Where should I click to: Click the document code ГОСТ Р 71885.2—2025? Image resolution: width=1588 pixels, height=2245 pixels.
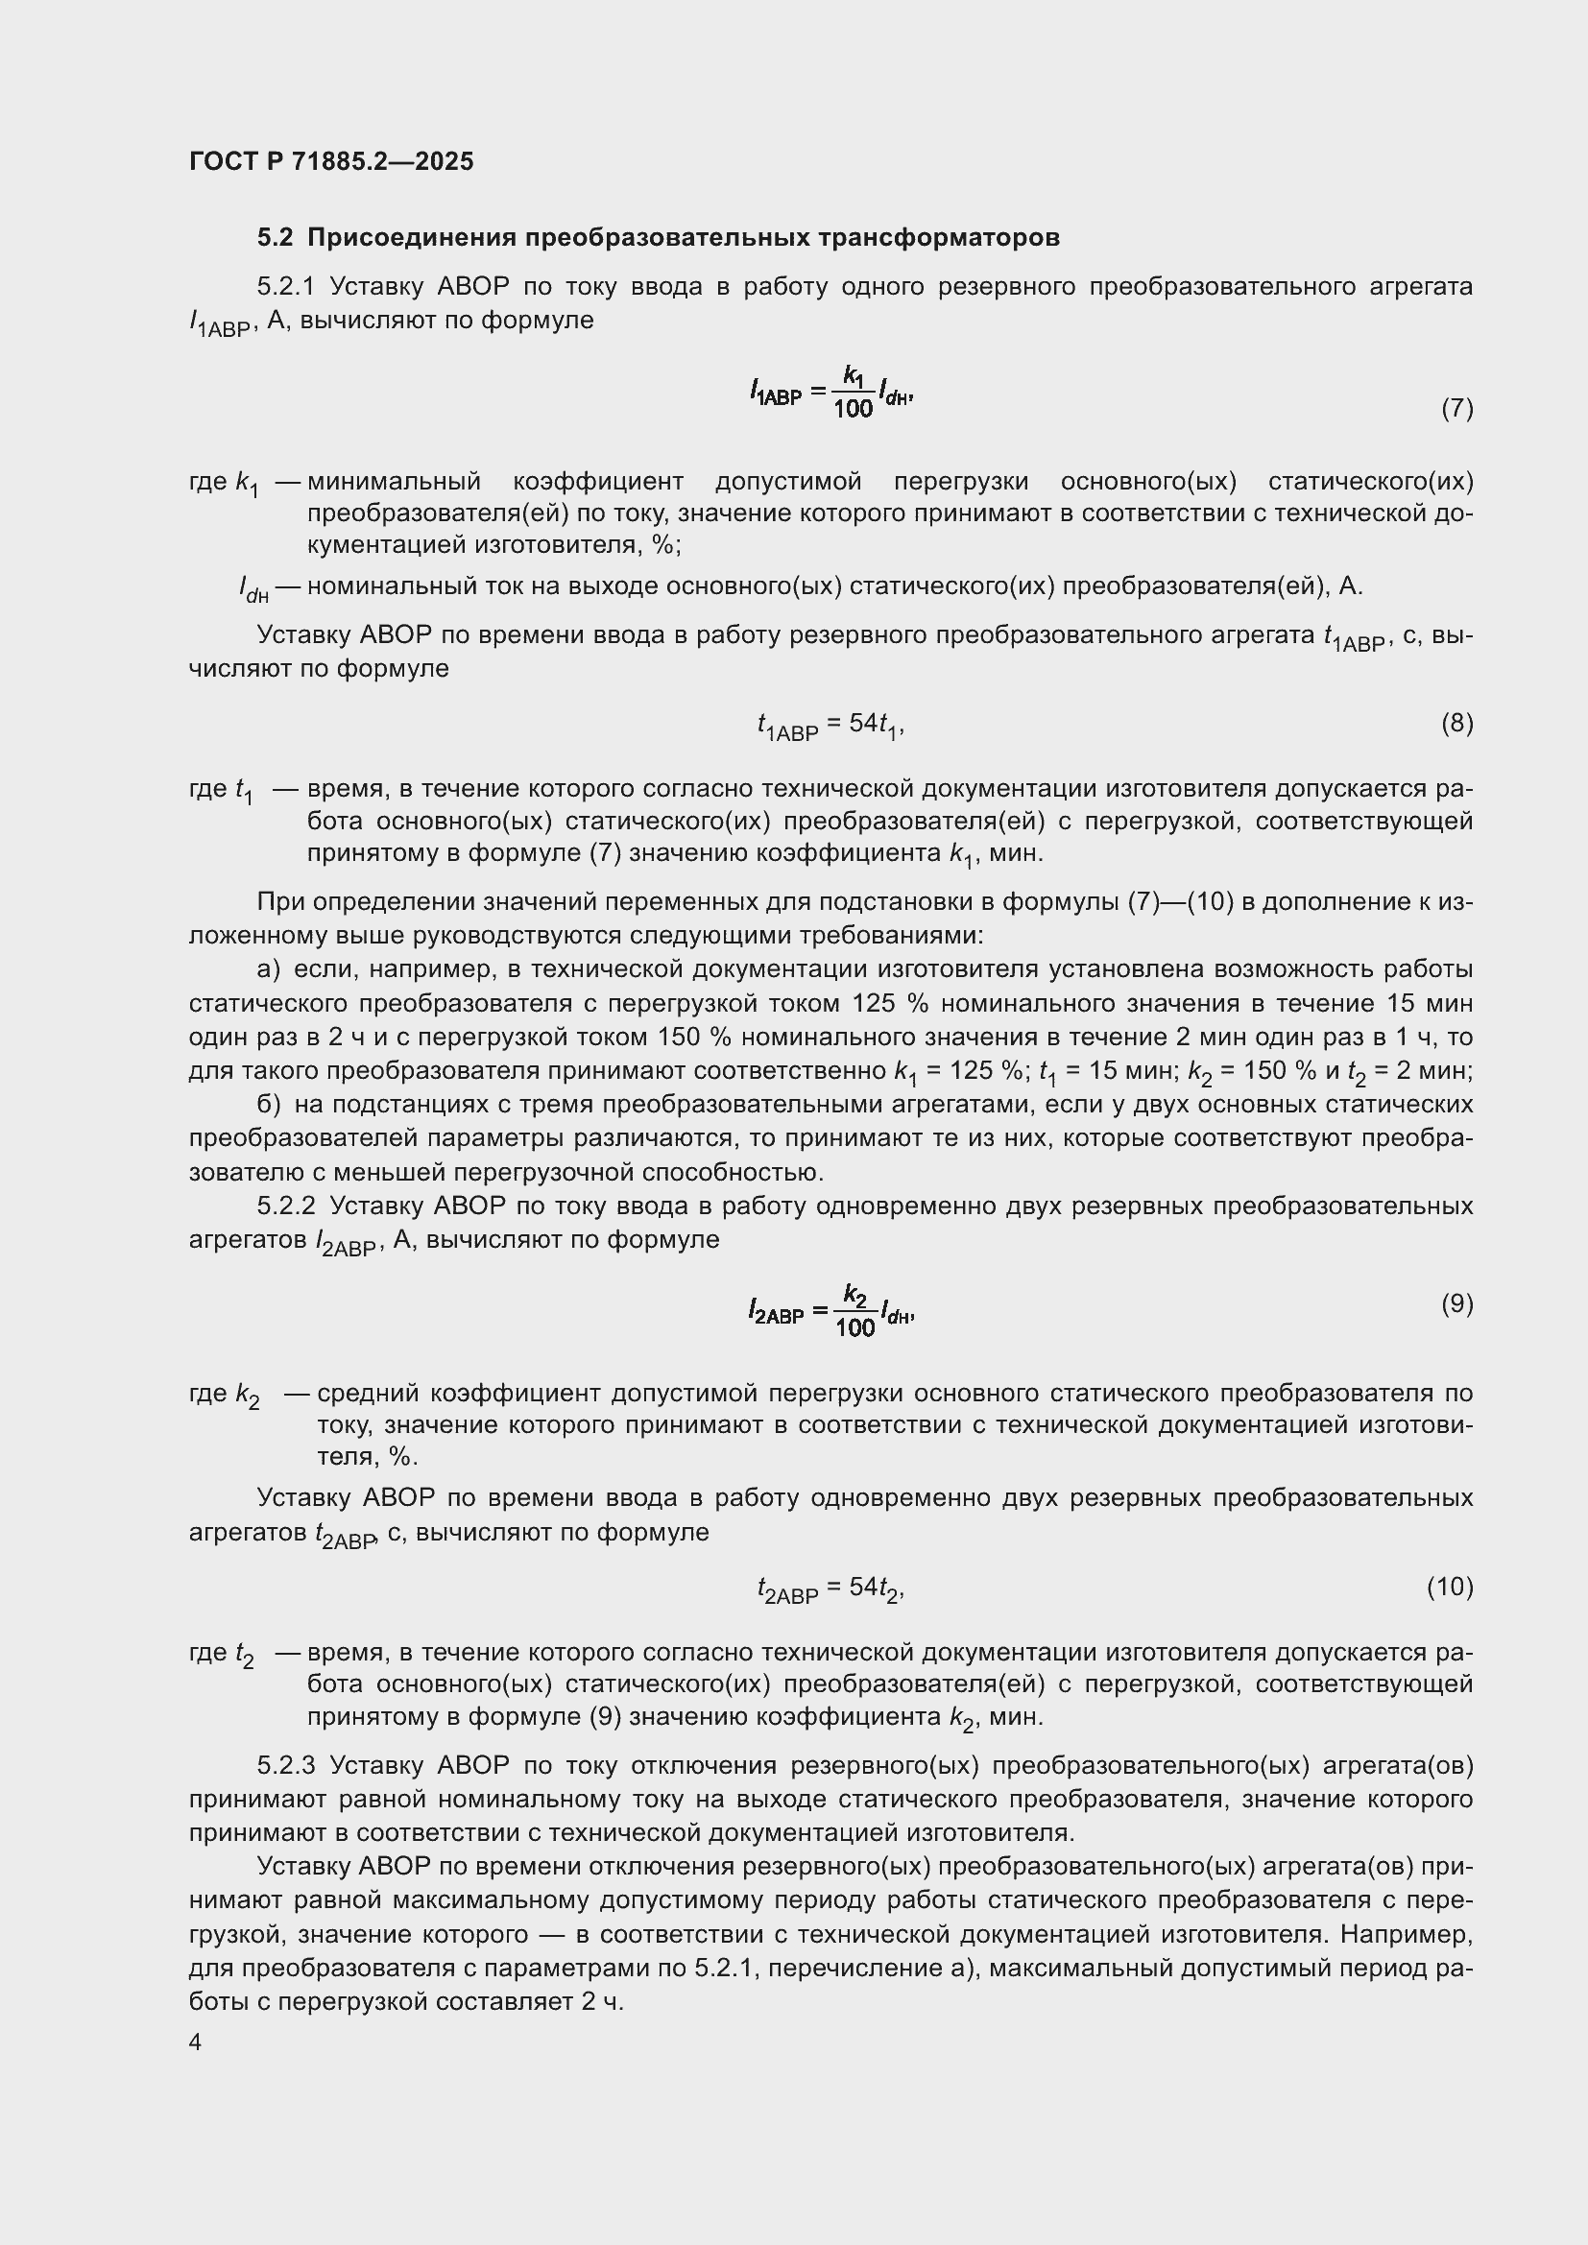pos(330,161)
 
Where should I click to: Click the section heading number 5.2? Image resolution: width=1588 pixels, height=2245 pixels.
pos(275,238)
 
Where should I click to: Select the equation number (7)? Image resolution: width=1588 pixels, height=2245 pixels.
pos(1456,408)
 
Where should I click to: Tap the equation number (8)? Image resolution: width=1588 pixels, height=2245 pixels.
pos(1456,723)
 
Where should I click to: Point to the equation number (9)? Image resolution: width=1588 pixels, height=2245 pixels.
pos(1456,1303)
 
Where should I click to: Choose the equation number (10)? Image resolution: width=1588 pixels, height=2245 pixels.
pos(1449,1586)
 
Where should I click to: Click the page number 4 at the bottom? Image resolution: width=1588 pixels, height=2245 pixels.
pos(196,2042)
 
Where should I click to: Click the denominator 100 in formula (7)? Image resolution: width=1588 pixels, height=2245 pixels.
pos(853,410)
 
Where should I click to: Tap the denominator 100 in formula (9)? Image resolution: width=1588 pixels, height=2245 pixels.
pos(854,1327)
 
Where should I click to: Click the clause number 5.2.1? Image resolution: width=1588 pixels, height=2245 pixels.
pos(285,286)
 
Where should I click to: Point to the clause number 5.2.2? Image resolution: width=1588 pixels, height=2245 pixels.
pos(285,1206)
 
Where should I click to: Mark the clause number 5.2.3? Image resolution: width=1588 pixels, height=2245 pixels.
pos(285,1765)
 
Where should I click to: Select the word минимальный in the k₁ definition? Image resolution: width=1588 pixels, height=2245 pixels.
pos(394,481)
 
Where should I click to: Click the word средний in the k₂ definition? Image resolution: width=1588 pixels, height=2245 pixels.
pos(368,1393)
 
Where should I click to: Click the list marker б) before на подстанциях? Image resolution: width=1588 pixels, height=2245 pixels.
pos(268,1104)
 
